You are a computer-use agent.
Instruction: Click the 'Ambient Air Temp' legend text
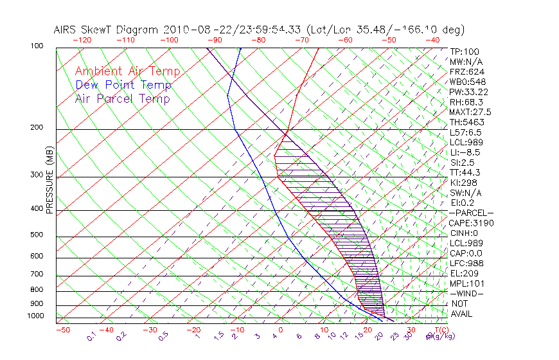click(x=127, y=72)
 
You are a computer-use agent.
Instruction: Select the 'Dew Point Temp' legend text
click(x=123, y=85)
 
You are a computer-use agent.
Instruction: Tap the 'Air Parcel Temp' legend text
click(x=122, y=99)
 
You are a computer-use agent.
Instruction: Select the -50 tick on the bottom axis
click(x=62, y=330)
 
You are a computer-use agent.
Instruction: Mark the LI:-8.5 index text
click(x=465, y=152)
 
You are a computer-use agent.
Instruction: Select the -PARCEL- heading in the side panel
click(x=471, y=213)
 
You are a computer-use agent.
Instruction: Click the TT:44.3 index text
click(x=465, y=172)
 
